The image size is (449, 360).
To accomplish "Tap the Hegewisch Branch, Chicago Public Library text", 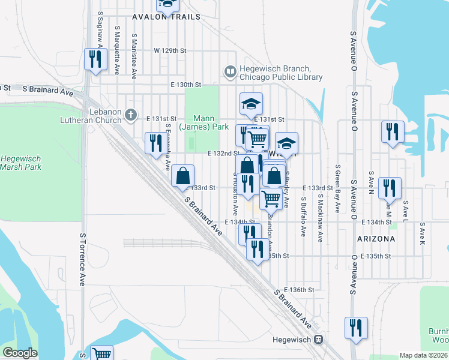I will tap(281, 73).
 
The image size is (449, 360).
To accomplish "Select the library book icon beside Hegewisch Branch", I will tap(229, 73).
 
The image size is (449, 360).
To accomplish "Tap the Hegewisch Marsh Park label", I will tap(21, 163).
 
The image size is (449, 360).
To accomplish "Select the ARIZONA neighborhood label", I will tap(376, 238).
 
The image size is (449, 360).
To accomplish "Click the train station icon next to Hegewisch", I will tap(319, 339).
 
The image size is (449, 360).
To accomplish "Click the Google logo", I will tap(20, 353).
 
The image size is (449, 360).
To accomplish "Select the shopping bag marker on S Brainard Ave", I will tap(183, 176).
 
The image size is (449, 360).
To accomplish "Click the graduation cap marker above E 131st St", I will tap(252, 104).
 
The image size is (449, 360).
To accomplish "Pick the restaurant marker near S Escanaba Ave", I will tap(154, 142).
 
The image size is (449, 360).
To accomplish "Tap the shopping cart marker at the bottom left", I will tap(101, 354).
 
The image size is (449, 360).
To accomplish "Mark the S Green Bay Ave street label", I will tap(338, 188).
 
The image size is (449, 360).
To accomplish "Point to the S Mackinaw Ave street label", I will tap(321, 218).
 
